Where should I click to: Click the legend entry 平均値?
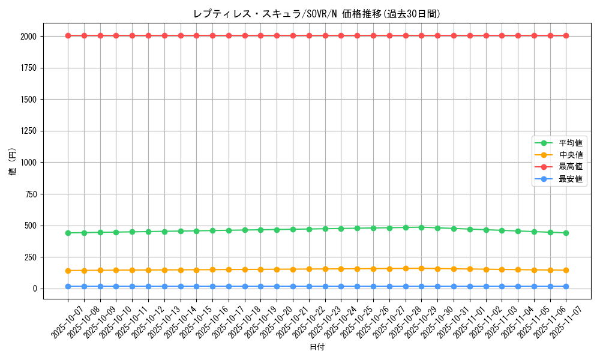coord(571,143)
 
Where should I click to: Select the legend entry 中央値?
coord(571,155)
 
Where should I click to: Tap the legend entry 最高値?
coord(571,167)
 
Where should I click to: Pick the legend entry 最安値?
coord(571,179)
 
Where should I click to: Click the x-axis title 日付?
coord(317,347)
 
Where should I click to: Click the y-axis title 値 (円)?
coord(12,163)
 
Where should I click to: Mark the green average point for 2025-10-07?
coord(68,233)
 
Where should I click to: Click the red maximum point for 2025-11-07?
coord(566,35)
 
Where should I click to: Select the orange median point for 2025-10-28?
coord(406,268)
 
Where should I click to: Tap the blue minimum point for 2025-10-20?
coord(277,286)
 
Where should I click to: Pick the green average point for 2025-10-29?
coord(421,227)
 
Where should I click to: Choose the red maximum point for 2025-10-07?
coord(68,35)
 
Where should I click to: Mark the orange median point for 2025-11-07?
coord(566,270)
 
